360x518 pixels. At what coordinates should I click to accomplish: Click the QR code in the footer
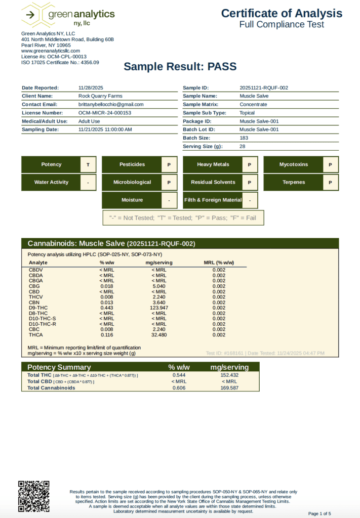pyautogui.click(x=34, y=496)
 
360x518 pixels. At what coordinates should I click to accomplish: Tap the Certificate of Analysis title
pyautogui.click(x=282, y=14)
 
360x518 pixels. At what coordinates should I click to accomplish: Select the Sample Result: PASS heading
pyautogui.click(x=180, y=66)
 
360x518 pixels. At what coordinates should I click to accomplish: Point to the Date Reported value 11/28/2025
pyautogui.click(x=91, y=88)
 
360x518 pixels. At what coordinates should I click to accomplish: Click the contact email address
pyautogui.click(x=111, y=104)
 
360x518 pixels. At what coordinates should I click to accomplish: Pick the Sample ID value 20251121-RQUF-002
pyautogui.click(x=264, y=88)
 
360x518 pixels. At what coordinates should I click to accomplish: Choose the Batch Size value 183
pyautogui.click(x=244, y=138)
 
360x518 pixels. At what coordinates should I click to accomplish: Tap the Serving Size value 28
pyautogui.click(x=243, y=146)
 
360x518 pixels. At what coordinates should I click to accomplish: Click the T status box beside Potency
pyautogui.click(x=88, y=164)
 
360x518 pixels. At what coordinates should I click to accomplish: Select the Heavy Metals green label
pyautogui.click(x=213, y=164)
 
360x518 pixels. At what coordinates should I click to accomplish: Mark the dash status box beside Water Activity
pyautogui.click(x=88, y=182)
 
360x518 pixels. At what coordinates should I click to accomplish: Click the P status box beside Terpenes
pyautogui.click(x=330, y=182)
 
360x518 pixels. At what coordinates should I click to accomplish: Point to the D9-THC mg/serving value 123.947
pyautogui.click(x=159, y=308)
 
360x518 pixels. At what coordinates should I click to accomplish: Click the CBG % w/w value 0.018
pyautogui.click(x=106, y=286)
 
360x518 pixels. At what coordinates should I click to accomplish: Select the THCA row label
pyautogui.click(x=36, y=335)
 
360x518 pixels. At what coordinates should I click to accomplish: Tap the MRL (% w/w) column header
pyautogui.click(x=219, y=263)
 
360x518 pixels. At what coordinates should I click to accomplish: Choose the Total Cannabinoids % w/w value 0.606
pyautogui.click(x=179, y=388)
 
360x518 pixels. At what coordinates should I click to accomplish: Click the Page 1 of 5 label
pyautogui.click(x=319, y=513)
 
